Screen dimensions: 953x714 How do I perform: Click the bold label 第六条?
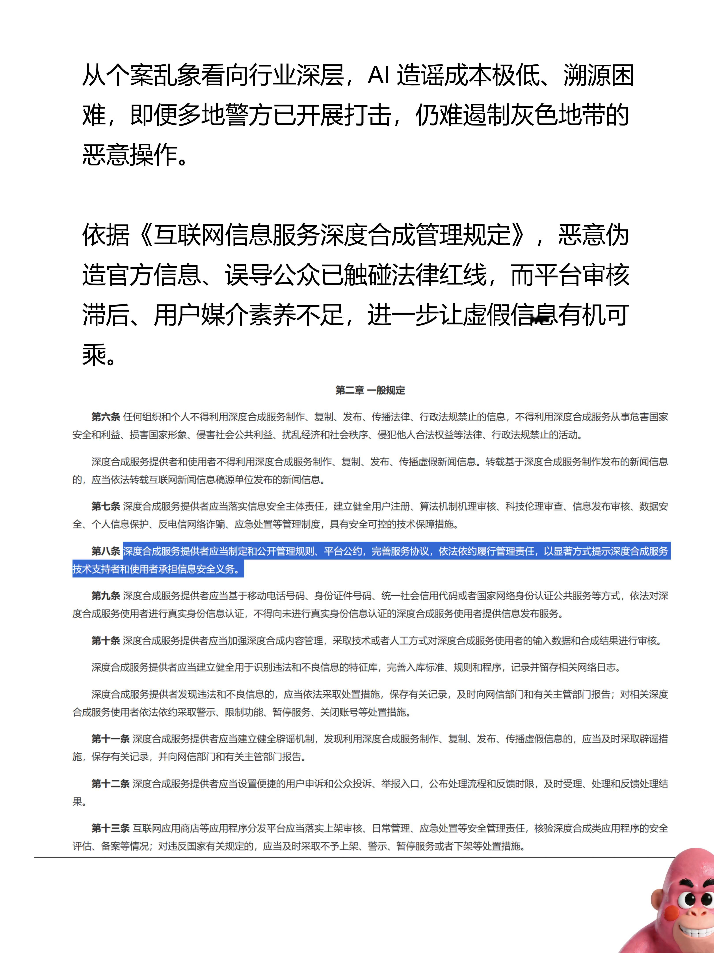tap(105, 417)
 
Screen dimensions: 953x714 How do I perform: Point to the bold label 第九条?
tap(105, 596)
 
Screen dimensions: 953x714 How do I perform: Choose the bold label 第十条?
tap(105, 641)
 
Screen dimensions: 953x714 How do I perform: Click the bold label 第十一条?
tap(110, 739)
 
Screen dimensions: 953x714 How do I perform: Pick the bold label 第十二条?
tap(110, 784)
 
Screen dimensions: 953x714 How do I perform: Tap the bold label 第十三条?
tap(110, 828)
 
